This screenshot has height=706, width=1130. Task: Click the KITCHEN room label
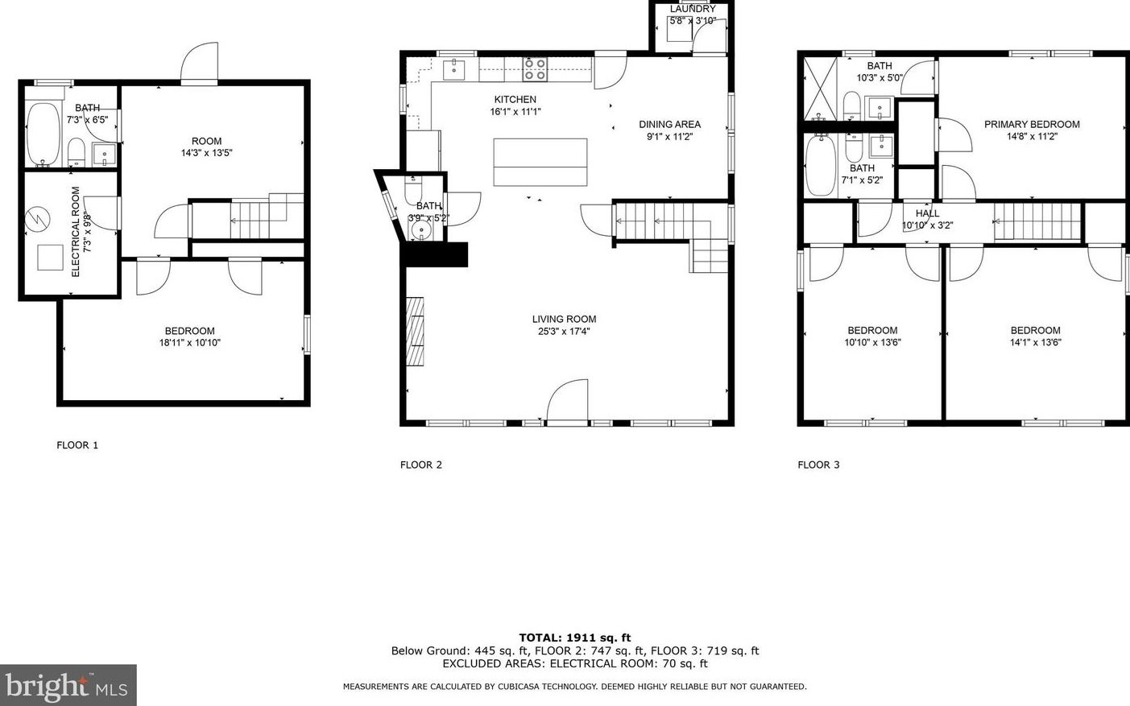coord(515,100)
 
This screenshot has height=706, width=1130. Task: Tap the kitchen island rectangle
coord(540,162)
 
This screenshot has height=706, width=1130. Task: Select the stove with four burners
coord(535,69)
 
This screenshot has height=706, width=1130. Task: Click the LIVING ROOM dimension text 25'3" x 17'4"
coord(564,331)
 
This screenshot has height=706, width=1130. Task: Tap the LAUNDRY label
coord(692,9)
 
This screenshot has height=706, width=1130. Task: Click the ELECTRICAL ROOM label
coord(76,232)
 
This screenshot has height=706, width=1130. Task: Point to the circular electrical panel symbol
coord(36,218)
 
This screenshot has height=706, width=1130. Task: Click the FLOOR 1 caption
coord(77,445)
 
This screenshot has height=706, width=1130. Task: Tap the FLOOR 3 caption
coord(818,464)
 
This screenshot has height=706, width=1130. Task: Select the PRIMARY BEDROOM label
coord(1032,124)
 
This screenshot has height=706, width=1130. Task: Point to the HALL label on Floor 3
coord(927,213)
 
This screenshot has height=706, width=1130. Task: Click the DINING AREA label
coord(669,124)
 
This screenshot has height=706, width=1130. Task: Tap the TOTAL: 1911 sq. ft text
coord(574,638)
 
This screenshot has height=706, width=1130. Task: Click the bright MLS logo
coord(68,686)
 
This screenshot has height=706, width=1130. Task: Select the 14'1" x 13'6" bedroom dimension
coord(1035,342)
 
